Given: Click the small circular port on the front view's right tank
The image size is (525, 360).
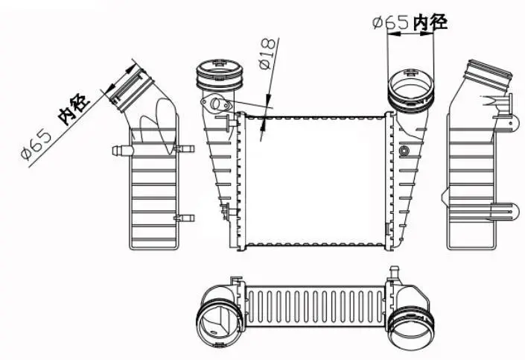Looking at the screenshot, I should click(x=404, y=152).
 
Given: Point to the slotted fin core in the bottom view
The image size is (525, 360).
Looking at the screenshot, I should click(x=313, y=306).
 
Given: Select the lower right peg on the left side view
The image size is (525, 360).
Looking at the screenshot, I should click(x=182, y=218).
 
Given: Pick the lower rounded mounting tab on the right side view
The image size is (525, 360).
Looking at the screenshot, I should click(x=509, y=212).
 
